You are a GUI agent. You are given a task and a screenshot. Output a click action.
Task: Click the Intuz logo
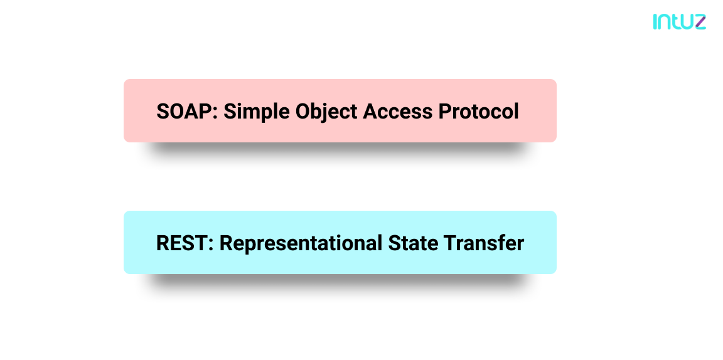pyautogui.click(x=679, y=22)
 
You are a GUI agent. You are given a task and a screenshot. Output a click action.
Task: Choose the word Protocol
pyautogui.click(x=479, y=112)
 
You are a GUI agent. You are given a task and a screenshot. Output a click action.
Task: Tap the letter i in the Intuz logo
pyautogui.click(x=655, y=22)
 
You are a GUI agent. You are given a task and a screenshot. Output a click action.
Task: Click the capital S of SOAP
pyautogui.click(x=164, y=112)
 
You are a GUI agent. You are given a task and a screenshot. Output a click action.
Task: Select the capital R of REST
pyautogui.click(x=163, y=243)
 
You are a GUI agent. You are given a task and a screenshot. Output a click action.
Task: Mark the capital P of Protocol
pyautogui.click(x=445, y=112)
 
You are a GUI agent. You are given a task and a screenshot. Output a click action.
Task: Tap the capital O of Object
pyautogui.click(x=303, y=112)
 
